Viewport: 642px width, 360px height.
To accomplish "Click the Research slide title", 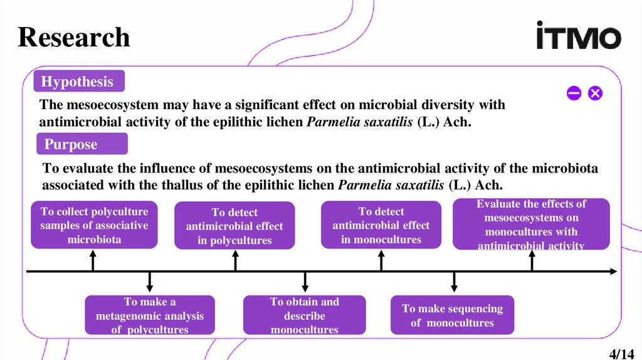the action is pyautogui.click(x=74, y=37).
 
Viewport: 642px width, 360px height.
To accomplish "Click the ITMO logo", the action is pyautogui.click(x=578, y=36).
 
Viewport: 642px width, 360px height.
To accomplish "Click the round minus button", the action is pyautogui.click(x=574, y=94).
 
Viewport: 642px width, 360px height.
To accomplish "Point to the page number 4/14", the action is pyautogui.click(x=622, y=353).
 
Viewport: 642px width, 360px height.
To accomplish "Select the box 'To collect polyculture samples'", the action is pyautogui.click(x=94, y=225).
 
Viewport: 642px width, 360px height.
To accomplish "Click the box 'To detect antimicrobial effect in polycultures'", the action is pyautogui.click(x=234, y=226).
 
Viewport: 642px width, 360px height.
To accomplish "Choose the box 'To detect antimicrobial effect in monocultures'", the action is pyautogui.click(x=381, y=225).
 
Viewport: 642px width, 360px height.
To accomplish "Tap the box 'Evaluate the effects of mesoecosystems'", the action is pyautogui.click(x=531, y=225).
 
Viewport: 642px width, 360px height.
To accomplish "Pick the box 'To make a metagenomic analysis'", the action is pyautogui.click(x=150, y=315).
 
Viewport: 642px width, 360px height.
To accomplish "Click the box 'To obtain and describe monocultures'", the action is pyautogui.click(x=304, y=315).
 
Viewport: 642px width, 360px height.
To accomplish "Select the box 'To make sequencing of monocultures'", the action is pyautogui.click(x=452, y=315).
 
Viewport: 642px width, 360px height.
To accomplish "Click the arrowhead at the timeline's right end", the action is pyautogui.click(x=614, y=272).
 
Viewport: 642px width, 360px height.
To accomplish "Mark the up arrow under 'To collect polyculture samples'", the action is pyautogui.click(x=93, y=260).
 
